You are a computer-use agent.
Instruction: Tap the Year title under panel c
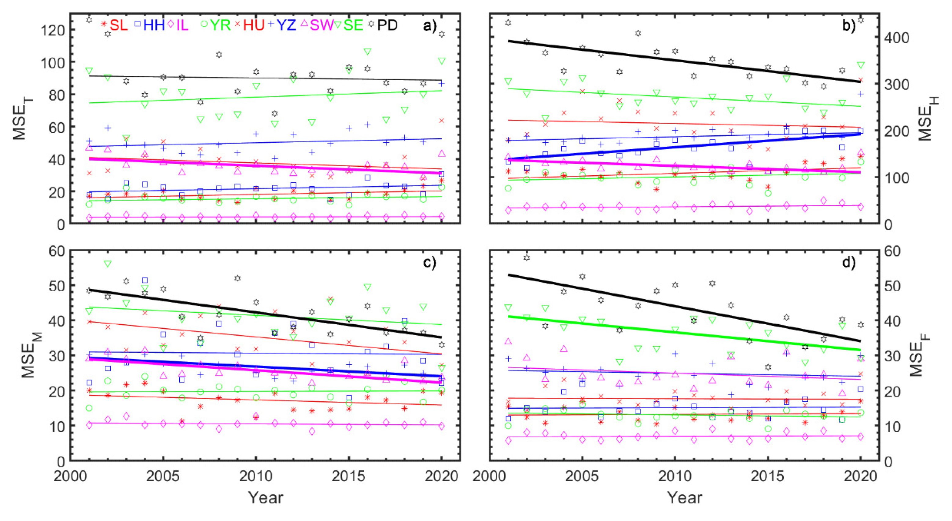pyautogui.click(x=265, y=498)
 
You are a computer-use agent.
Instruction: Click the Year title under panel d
pyautogui.click(x=685, y=498)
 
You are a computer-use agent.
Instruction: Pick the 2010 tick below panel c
pyautogui.click(x=256, y=476)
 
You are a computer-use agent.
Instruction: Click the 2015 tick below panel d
pyautogui.click(x=768, y=476)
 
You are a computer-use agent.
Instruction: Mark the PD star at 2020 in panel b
pyautogui.click(x=860, y=20)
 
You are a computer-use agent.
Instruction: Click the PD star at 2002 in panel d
pyautogui.click(x=527, y=258)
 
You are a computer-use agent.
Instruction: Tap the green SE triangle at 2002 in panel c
pyautogui.click(x=108, y=264)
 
